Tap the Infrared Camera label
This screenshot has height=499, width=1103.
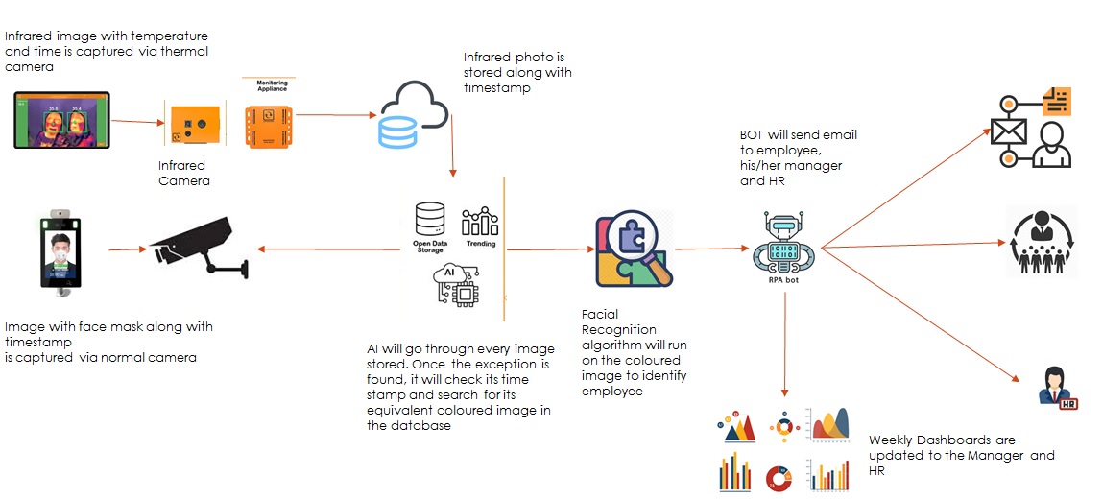[184, 173]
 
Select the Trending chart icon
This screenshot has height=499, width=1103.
[480, 223]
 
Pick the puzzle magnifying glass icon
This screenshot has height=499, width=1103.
[634, 248]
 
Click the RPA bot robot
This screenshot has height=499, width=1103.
[786, 244]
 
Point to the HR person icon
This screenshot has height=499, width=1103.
[1058, 387]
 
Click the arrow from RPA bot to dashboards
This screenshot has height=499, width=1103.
[785, 345]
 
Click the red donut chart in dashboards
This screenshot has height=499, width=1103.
[778, 477]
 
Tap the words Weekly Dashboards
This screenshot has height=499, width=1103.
[914, 440]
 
